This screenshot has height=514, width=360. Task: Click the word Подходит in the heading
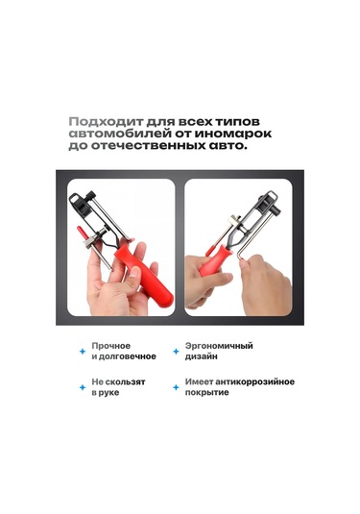pyautogui.click(x=107, y=122)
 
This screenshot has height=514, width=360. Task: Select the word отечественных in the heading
pyautogui.click(x=148, y=145)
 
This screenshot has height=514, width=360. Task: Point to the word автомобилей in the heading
pyautogui.click(x=120, y=134)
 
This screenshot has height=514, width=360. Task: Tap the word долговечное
pyautogui.click(x=128, y=356)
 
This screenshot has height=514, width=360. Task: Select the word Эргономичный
pyautogui.click(x=219, y=346)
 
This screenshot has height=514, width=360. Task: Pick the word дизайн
pyautogui.click(x=202, y=356)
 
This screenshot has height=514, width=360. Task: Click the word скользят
pyautogui.click(x=125, y=381)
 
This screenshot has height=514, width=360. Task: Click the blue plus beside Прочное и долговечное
pyautogui.click(x=83, y=352)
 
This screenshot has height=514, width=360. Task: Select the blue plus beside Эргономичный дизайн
pyautogui.click(x=176, y=352)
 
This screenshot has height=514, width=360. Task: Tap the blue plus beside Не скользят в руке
pyautogui.click(x=83, y=387)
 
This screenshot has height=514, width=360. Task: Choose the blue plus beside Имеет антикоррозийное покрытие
pyautogui.click(x=176, y=387)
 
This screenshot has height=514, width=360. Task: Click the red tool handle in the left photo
pyautogui.click(x=144, y=276)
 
